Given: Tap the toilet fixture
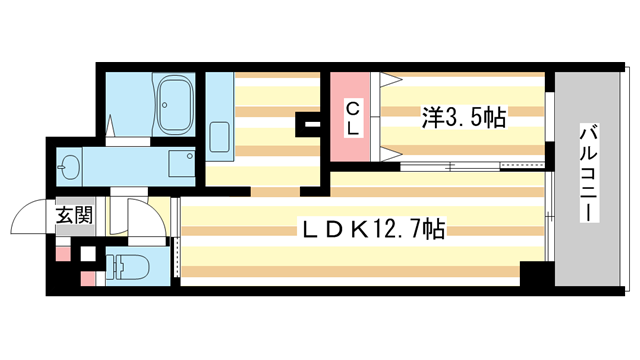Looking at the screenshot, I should click(x=126, y=267).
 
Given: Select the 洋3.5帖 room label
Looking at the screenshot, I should click(x=461, y=118).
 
